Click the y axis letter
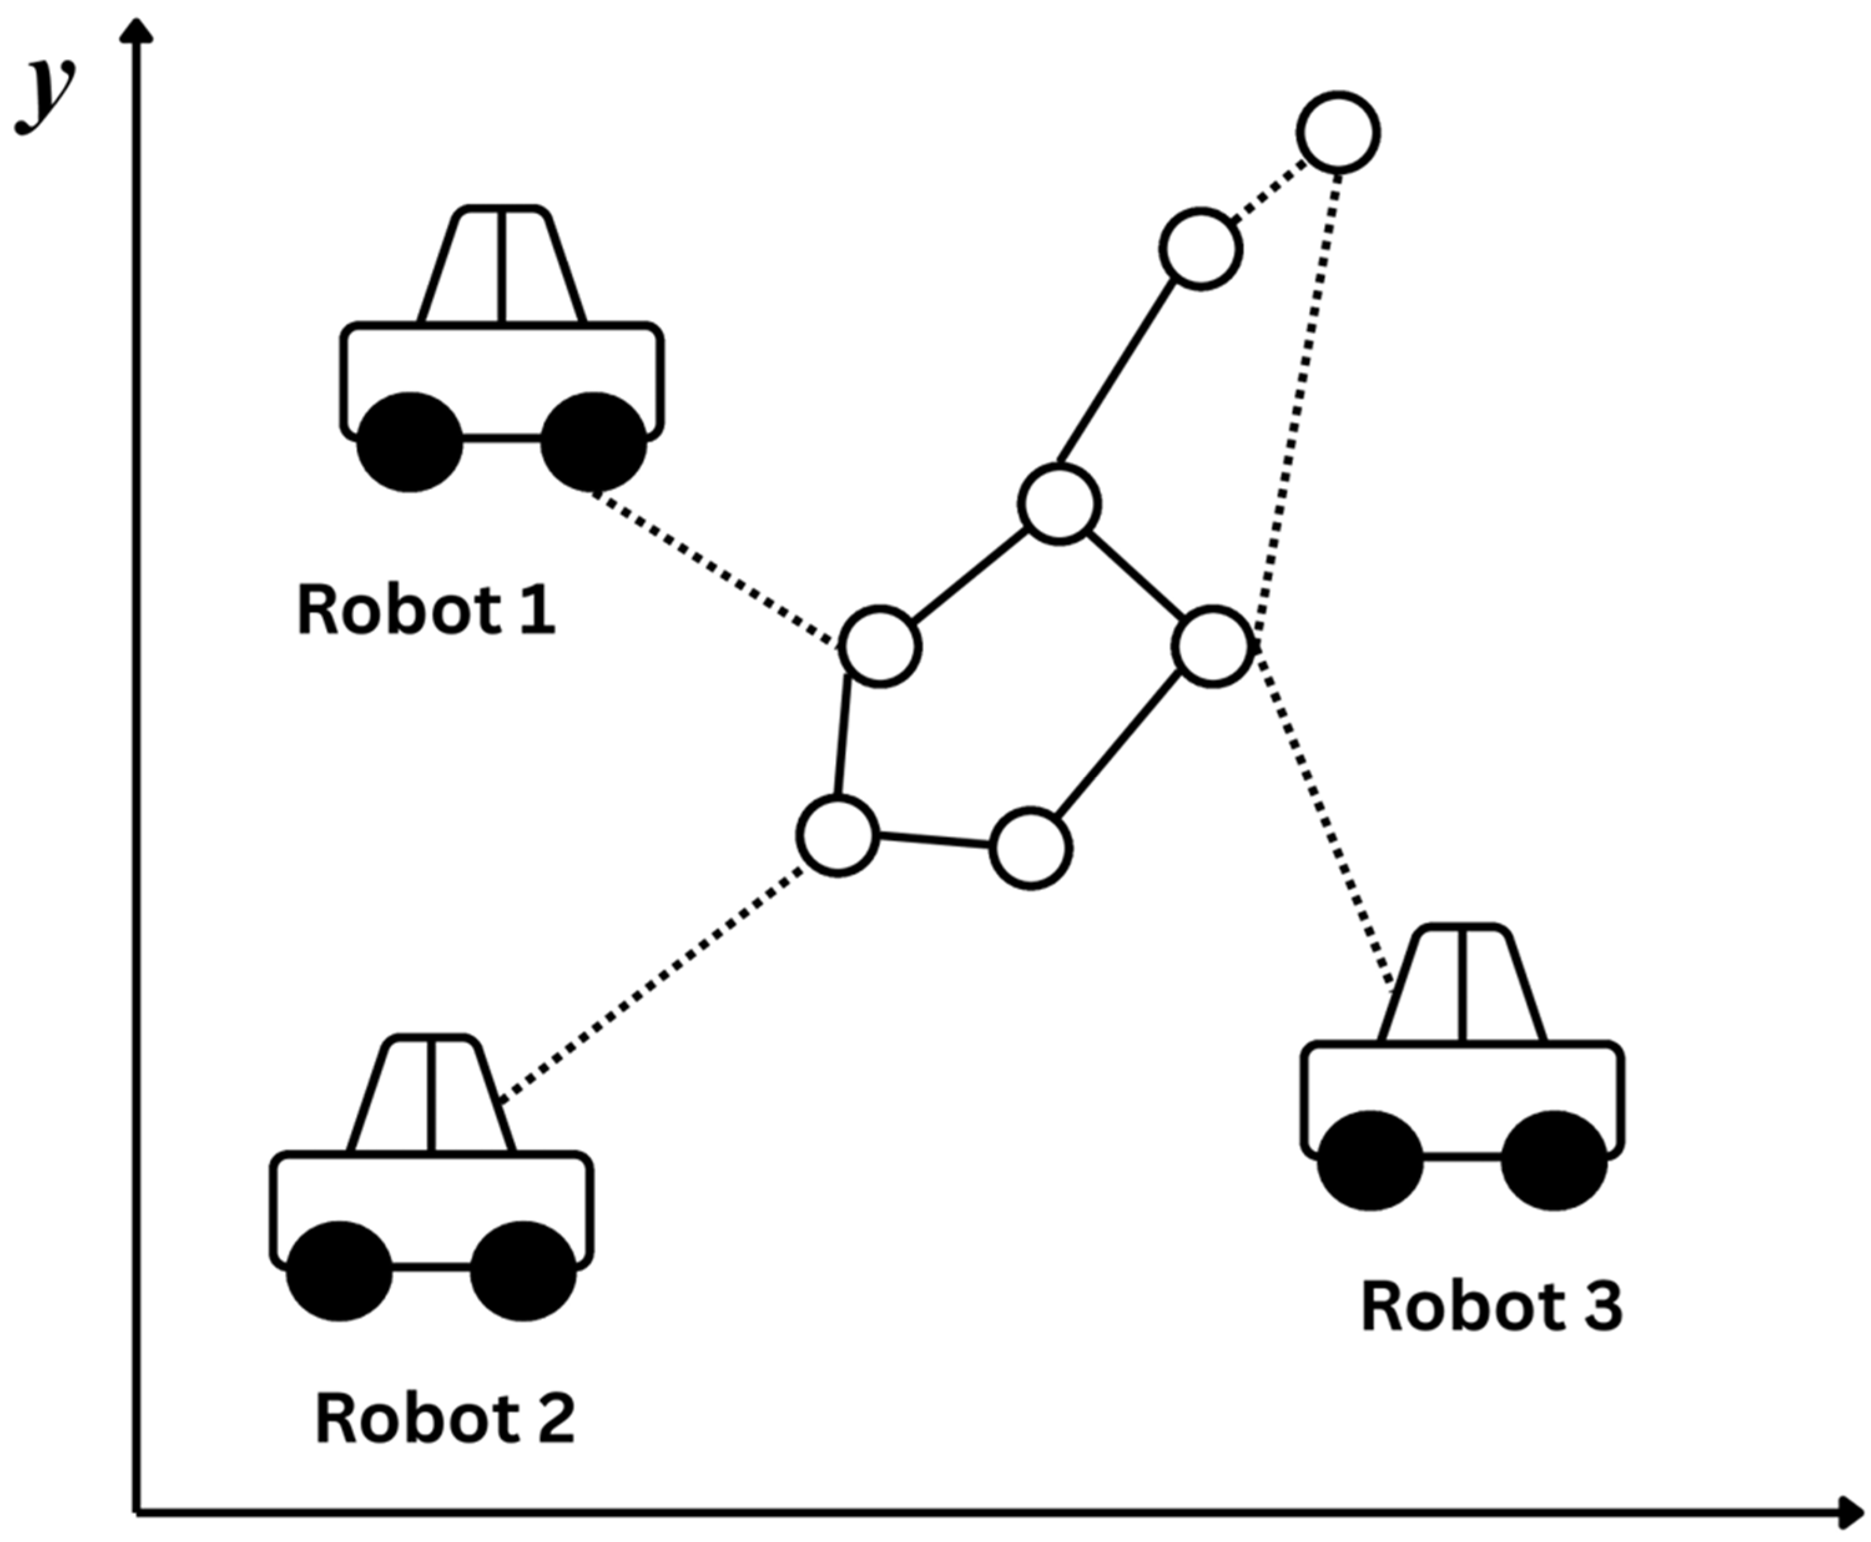click(x=44, y=94)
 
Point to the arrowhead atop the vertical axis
click(x=136, y=31)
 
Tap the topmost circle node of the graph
click(x=1338, y=132)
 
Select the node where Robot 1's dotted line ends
click(x=879, y=647)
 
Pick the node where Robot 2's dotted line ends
click(x=838, y=836)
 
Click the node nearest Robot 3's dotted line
click(x=1212, y=647)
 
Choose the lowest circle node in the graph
click(x=1030, y=848)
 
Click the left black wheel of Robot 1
click(x=410, y=441)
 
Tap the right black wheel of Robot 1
click(x=594, y=441)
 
